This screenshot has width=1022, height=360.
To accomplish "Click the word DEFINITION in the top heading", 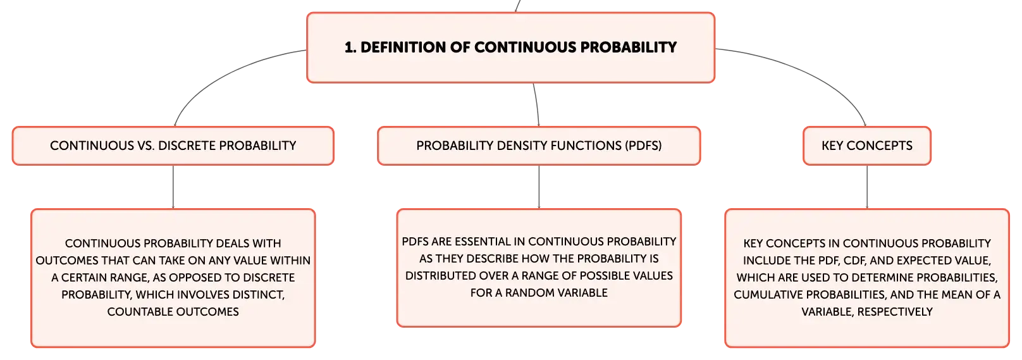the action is click(x=403, y=47).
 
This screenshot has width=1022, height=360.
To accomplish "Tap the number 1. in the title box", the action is click(x=350, y=47).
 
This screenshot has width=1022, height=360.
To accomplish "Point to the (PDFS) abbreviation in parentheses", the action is click(x=643, y=146).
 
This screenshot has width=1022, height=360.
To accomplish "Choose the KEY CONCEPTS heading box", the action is click(x=867, y=146).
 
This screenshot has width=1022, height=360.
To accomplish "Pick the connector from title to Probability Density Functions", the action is click(x=537, y=104).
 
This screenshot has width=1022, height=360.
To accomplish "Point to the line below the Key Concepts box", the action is click(x=867, y=187).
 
